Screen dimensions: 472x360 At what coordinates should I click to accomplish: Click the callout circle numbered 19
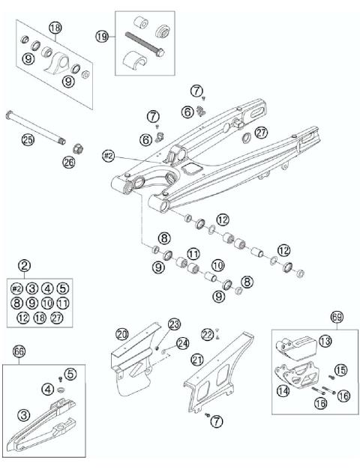[x=103, y=36]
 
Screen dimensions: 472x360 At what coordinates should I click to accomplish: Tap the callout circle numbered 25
[x=28, y=140]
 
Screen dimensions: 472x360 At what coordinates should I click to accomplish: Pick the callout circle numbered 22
[x=208, y=333]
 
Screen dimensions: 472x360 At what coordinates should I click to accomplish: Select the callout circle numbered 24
[x=182, y=343]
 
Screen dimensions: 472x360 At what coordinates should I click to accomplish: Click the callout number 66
[x=19, y=351]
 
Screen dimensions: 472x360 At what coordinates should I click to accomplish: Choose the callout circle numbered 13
[x=324, y=341]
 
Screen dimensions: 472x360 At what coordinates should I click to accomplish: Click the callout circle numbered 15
[x=340, y=369]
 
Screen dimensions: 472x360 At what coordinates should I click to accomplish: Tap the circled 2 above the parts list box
[x=25, y=265]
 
